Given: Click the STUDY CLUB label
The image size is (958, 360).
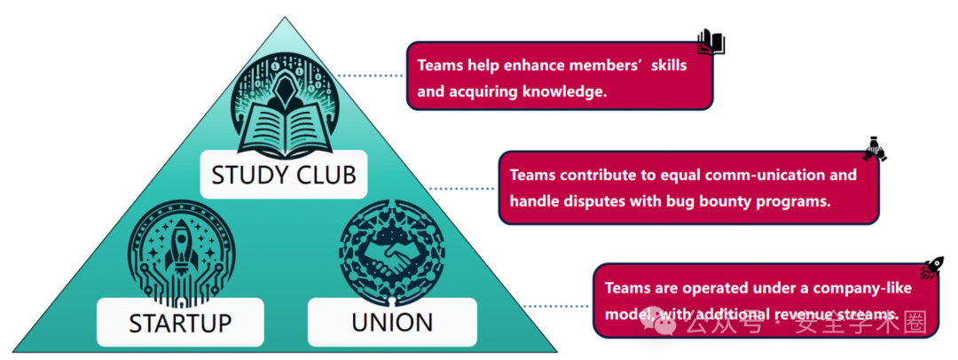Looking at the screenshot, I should tap(283, 174).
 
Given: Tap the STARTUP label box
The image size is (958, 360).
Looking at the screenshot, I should tap(180, 322).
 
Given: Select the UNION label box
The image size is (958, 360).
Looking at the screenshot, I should tap(392, 322).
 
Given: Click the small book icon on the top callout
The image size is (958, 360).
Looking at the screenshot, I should tap(711, 41).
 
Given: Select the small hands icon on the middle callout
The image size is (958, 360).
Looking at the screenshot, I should tap(875, 148).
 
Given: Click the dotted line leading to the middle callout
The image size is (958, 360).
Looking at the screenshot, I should tap(462, 188).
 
